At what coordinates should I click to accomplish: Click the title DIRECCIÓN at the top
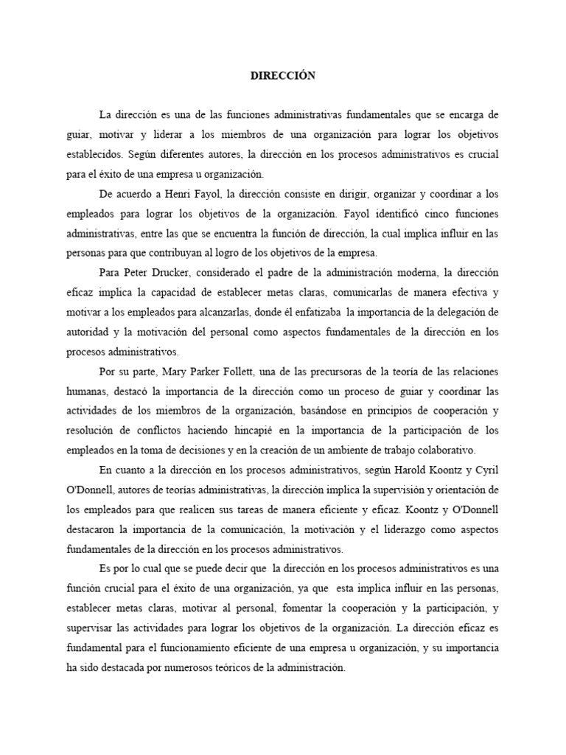(x=282, y=76)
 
